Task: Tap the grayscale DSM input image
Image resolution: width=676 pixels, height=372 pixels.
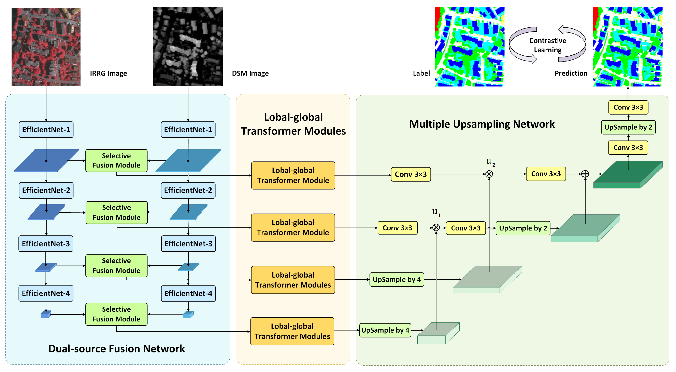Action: tap(188, 47)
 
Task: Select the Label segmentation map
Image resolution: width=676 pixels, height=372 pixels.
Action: tap(470, 47)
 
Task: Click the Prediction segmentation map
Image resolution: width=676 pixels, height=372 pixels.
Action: tap(628, 47)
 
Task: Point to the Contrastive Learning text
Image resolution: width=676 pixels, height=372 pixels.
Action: tap(547, 45)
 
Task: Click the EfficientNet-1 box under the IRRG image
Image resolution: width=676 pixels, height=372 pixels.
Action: tap(46, 130)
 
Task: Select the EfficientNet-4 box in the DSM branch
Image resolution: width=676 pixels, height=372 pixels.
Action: tap(188, 293)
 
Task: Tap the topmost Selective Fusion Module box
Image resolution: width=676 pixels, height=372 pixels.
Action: tap(116, 161)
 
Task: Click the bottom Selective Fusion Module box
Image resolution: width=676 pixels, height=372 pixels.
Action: tap(116, 314)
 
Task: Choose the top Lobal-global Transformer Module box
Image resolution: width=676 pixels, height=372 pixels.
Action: tap(293, 175)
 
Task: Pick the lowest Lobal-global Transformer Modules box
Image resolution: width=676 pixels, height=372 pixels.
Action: tap(292, 331)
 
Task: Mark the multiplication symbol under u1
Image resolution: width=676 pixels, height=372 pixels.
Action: tap(436, 227)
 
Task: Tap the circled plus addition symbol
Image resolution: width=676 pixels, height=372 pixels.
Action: tap(585, 174)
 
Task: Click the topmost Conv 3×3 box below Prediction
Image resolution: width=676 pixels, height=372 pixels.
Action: tap(628, 107)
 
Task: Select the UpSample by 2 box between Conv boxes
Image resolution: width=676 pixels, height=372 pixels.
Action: tap(628, 127)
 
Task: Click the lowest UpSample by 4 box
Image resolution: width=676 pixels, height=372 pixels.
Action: tap(385, 330)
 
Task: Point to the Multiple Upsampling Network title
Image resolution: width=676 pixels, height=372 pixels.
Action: tap(482, 124)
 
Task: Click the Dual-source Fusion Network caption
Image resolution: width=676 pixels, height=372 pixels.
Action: tap(116, 349)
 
